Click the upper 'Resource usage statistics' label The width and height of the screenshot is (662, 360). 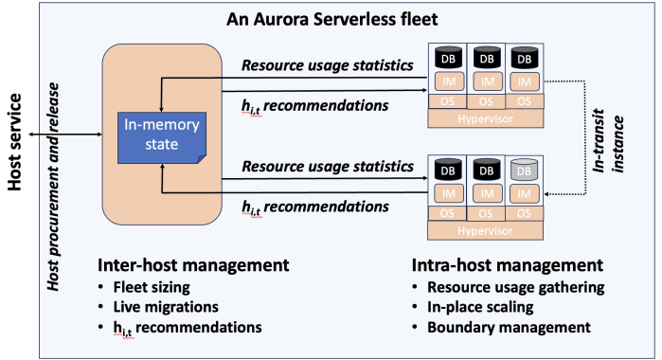(328, 65)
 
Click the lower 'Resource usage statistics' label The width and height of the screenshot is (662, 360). (328, 166)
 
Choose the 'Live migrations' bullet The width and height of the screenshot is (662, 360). (167, 307)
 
